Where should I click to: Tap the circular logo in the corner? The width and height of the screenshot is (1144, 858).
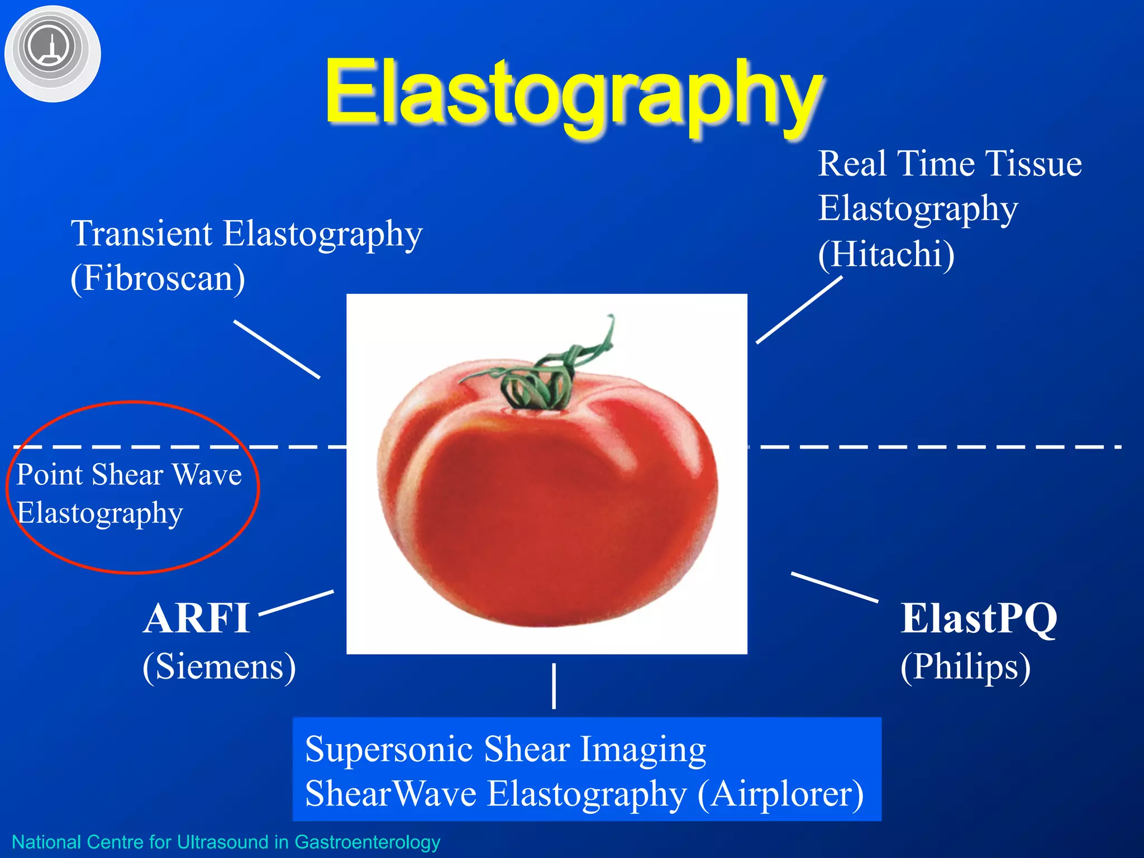(52, 53)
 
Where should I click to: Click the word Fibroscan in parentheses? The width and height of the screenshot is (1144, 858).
(158, 278)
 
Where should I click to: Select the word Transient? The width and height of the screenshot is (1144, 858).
(141, 233)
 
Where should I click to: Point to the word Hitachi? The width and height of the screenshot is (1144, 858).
(886, 254)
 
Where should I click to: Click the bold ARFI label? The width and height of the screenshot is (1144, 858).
(196, 619)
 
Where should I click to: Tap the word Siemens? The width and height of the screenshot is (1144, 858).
(219, 666)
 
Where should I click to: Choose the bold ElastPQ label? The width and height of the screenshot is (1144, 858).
(979, 619)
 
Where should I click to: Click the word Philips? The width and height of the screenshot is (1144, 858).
(965, 666)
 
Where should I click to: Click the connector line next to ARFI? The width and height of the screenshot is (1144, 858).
(297, 603)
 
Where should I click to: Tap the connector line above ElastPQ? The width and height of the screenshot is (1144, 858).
(834, 587)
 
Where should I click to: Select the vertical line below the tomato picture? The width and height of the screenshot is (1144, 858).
(554, 686)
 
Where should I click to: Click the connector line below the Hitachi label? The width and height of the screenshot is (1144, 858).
(799, 310)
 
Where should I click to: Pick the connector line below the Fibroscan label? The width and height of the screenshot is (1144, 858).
(277, 349)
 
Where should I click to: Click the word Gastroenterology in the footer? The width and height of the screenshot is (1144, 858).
(367, 842)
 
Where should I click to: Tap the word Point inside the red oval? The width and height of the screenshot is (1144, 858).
(50, 475)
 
